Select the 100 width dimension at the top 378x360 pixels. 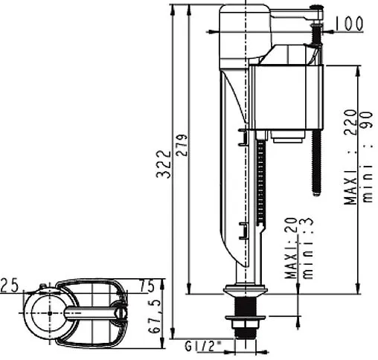click(x=349, y=24)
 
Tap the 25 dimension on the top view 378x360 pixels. click(x=9, y=286)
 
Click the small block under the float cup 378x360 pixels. click(x=286, y=138)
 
